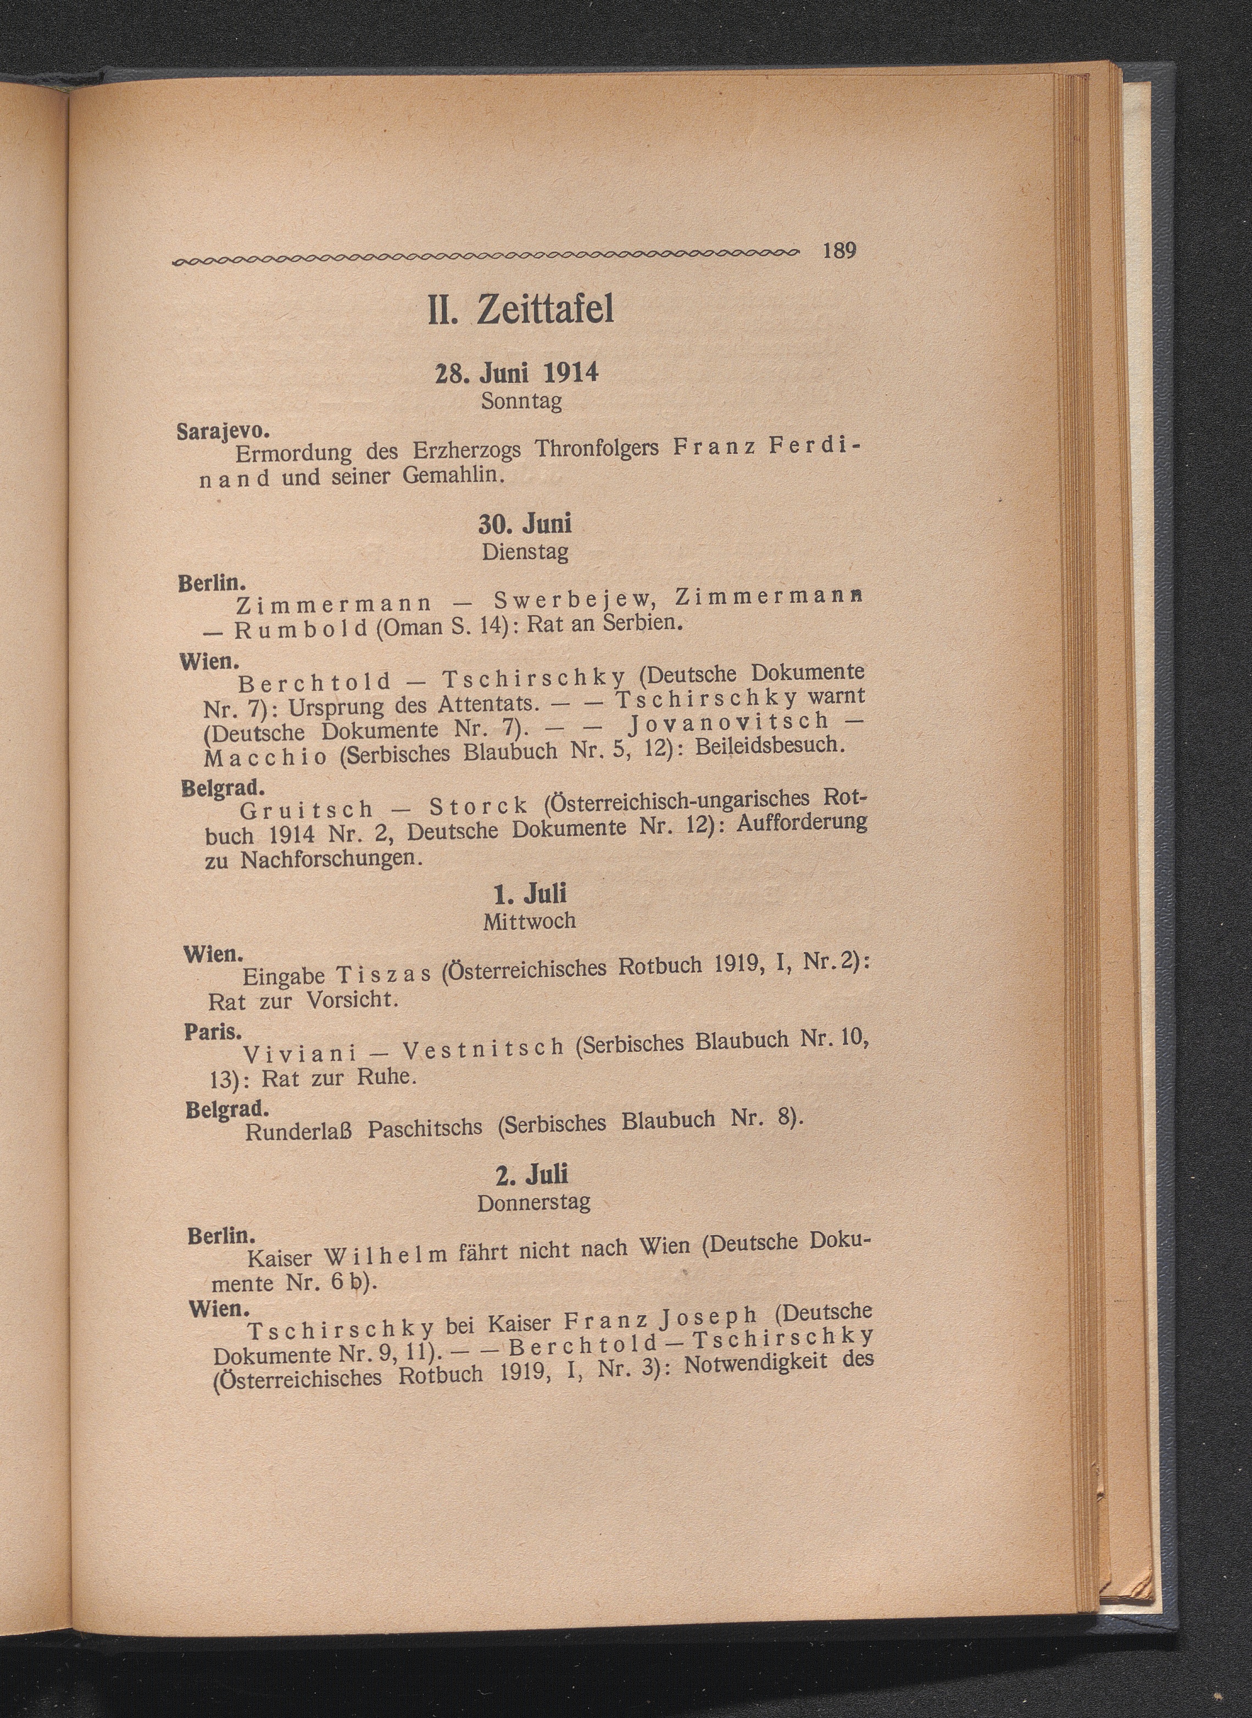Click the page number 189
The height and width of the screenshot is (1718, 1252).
[839, 251]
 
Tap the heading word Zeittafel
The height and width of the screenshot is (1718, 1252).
[545, 310]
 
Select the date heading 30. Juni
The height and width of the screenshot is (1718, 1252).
[525, 523]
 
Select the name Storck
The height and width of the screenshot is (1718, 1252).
[477, 805]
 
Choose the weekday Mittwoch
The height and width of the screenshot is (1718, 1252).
[529, 921]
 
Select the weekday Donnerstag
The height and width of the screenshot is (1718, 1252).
[533, 1203]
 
